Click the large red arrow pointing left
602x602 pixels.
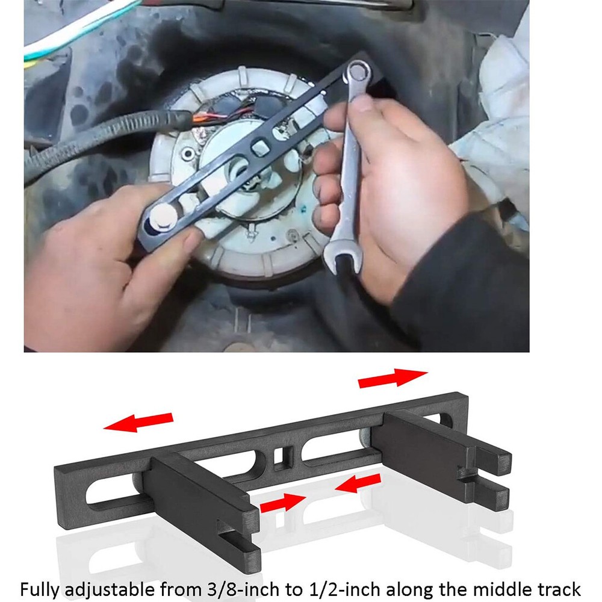tap(138, 421)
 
